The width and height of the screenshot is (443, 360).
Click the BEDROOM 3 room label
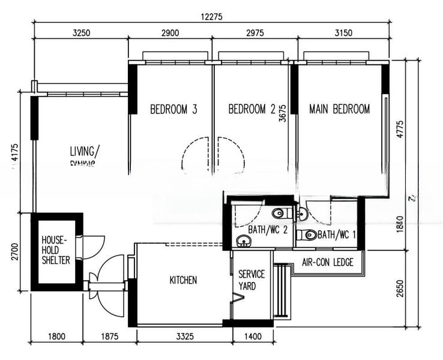pos(173,109)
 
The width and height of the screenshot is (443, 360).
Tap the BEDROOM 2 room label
pos(252,109)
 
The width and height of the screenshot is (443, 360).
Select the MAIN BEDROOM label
pos(339,109)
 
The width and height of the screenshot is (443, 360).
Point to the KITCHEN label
pos(183,280)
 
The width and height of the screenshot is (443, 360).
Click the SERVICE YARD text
pos(247,280)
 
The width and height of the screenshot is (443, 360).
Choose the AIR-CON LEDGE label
pos(327,262)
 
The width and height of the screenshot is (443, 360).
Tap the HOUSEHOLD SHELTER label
pos(56,250)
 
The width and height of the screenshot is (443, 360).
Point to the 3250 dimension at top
pos(81,34)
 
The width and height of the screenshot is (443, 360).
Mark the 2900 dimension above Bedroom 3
pos(170,34)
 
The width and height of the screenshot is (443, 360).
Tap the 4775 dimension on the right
pos(400,130)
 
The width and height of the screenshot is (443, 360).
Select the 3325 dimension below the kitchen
pos(185,337)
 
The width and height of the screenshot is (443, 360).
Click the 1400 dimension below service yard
pos(253,337)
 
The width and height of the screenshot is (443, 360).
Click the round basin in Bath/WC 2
pos(243,241)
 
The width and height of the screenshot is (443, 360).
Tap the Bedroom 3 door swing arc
pos(193,155)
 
